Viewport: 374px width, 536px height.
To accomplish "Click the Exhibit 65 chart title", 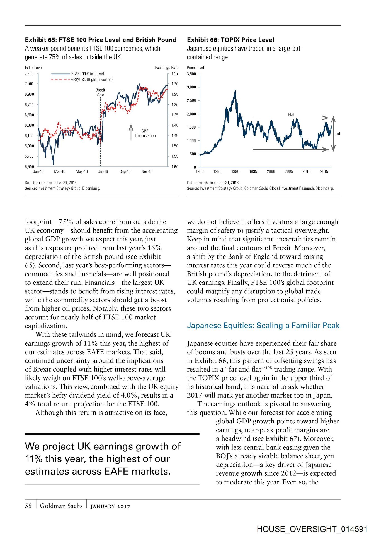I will [101, 40].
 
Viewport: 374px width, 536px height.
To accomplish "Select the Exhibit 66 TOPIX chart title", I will [230, 40].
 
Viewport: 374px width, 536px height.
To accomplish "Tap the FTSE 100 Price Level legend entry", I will [87, 74].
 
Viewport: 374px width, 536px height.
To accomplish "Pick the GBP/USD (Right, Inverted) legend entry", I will [92, 80].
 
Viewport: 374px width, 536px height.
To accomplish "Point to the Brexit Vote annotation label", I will [100, 92].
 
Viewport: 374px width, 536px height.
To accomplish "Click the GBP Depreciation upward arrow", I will [131, 132].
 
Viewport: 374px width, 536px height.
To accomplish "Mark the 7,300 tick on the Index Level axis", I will [29, 74].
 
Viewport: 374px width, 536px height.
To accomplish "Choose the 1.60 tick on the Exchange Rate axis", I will [175, 167].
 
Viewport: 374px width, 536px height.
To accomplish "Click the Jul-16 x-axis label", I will [103, 171].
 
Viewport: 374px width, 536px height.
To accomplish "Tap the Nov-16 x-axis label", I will [147, 171].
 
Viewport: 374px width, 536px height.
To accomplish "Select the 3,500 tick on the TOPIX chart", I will [191, 74].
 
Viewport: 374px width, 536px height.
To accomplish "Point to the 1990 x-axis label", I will [235, 171].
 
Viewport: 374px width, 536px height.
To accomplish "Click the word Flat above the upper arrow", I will [291, 115].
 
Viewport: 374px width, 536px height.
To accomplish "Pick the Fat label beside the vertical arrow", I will [338, 133].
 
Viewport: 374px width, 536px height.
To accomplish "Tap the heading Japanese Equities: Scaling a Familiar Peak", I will [263, 326].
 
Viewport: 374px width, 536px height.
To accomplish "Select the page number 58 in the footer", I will [28, 506].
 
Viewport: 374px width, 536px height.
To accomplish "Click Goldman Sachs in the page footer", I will [61, 506].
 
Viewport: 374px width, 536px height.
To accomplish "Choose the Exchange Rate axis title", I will [167, 68].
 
